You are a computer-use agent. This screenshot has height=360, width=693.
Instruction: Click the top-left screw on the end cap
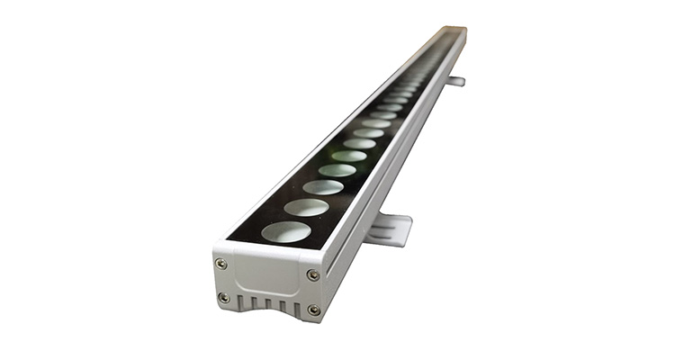pyautogui.click(x=220, y=263)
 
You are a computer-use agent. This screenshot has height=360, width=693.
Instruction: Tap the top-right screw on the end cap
pyautogui.click(x=312, y=274)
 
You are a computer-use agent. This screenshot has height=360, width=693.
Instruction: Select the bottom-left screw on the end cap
pyautogui.click(x=223, y=297)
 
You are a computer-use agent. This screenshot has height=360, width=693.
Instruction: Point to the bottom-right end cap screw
pyautogui.click(x=313, y=310)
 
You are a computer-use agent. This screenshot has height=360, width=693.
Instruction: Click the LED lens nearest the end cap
pyautogui.click(x=286, y=231)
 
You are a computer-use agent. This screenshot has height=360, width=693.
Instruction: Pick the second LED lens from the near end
pyautogui.click(x=307, y=207)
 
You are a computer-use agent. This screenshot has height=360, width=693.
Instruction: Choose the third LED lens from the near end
pyautogui.click(x=323, y=187)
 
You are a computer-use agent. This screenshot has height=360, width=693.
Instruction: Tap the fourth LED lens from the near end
pyautogui.click(x=337, y=170)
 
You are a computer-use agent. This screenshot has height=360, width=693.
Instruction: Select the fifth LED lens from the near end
pyautogui.click(x=348, y=156)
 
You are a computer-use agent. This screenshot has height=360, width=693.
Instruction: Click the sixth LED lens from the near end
pyautogui.click(x=359, y=143)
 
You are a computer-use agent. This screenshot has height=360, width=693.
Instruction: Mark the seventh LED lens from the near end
pyautogui.click(x=368, y=132)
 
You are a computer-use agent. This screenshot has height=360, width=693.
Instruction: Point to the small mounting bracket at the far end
pyautogui.click(x=455, y=81)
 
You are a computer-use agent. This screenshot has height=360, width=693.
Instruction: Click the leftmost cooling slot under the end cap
pyautogui.click(x=241, y=304)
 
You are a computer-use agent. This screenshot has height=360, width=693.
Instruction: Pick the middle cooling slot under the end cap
pyautogui.click(x=267, y=307)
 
